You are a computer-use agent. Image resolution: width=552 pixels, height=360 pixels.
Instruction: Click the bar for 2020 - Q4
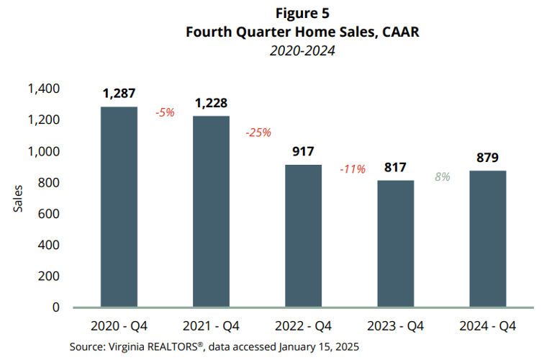119,207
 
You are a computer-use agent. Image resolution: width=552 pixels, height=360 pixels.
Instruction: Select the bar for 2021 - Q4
212,212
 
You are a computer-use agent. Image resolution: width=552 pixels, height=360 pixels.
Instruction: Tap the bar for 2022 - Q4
304,236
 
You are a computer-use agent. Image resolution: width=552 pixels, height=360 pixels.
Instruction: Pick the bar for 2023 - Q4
396,244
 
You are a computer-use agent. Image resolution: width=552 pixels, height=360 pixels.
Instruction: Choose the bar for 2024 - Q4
489,239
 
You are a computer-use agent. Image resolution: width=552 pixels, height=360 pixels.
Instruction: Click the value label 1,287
119,94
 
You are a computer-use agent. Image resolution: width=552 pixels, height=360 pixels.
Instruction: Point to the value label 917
304,152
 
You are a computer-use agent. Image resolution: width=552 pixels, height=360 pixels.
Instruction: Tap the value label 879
489,158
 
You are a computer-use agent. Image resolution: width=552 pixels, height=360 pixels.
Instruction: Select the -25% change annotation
258,132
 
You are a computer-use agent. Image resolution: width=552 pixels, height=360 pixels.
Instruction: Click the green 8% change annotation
442,176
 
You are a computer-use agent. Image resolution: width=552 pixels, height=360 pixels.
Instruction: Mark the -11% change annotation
352,169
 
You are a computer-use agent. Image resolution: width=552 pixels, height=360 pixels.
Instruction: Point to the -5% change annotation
166,113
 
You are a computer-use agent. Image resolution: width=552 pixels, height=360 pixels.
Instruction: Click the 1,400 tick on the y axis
44,89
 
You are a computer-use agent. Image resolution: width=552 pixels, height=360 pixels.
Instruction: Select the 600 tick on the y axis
49,214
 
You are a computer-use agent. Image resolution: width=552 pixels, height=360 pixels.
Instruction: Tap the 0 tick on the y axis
55,307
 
